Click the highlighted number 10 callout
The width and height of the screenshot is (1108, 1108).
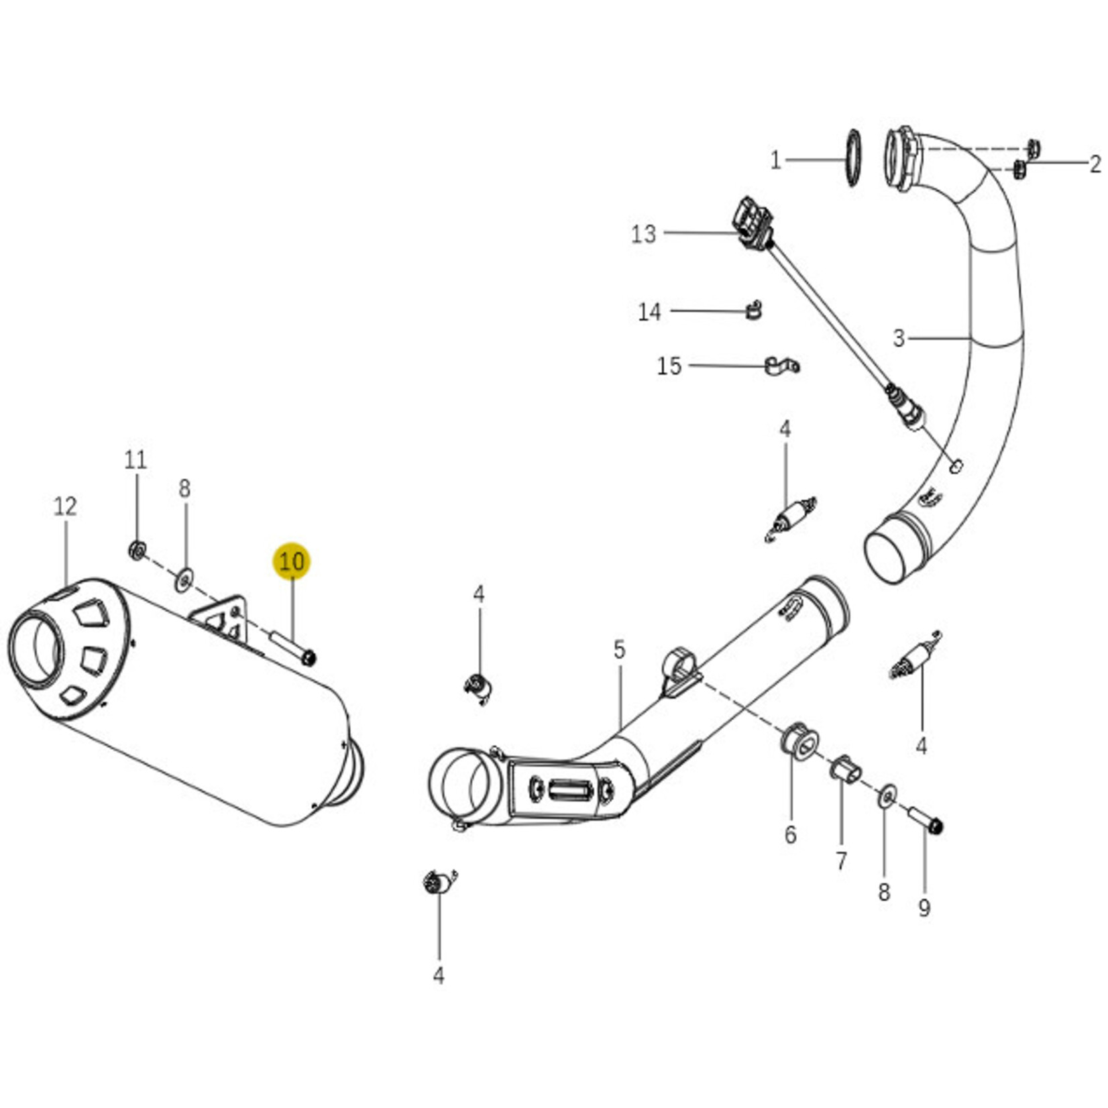[x=292, y=561]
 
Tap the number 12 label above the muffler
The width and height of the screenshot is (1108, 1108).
[x=65, y=506]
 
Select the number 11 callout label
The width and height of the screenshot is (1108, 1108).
[x=135, y=460]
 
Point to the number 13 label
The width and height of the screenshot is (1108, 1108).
[x=643, y=234]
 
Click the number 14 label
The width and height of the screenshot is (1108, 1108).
[x=649, y=312]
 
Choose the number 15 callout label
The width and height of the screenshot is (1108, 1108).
[x=669, y=366]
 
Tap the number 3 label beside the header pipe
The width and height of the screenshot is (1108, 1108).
[x=899, y=339]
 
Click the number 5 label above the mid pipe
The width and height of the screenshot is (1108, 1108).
[x=619, y=649]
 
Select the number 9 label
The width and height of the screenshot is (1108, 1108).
[x=924, y=908]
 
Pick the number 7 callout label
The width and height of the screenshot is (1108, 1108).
[x=841, y=861]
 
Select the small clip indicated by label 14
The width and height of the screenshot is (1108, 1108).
[x=755, y=311]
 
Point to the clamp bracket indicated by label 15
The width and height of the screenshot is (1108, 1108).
[x=781, y=366]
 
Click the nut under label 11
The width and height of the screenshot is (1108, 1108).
[x=137, y=551]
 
